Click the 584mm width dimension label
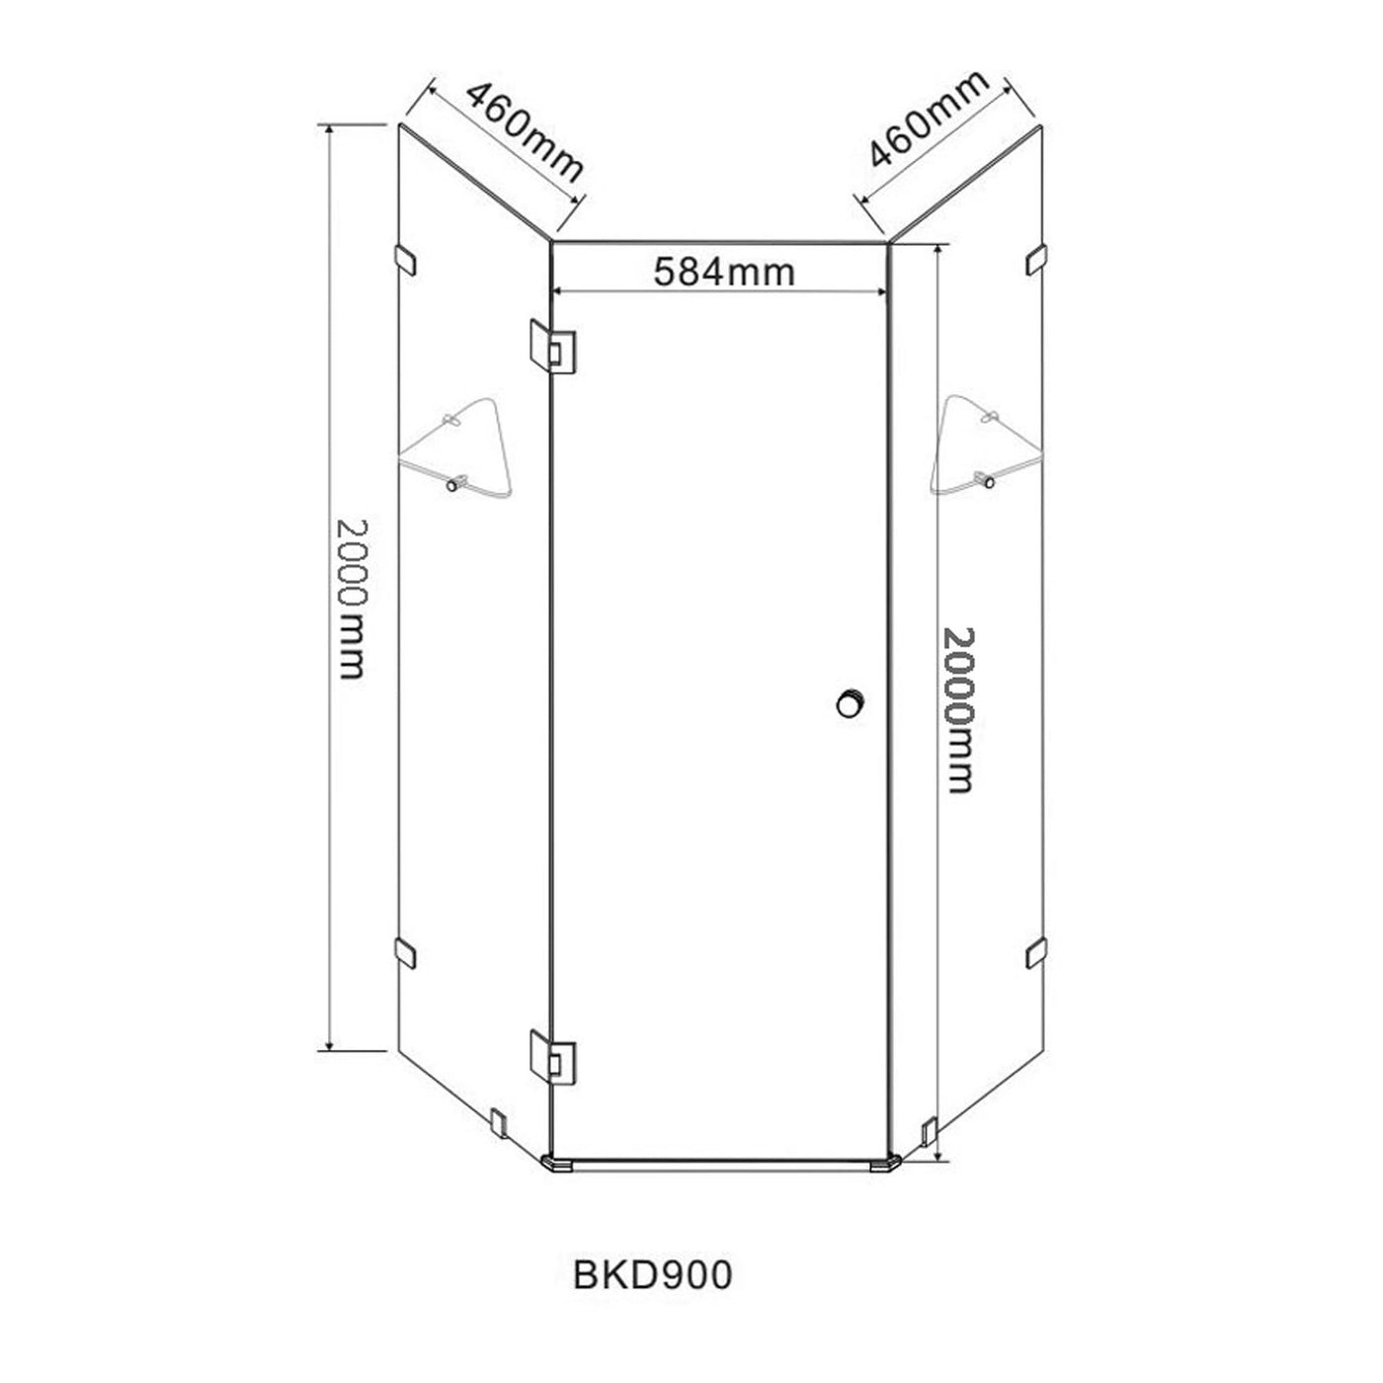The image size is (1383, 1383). (723, 272)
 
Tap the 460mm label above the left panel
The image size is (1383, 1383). (525, 133)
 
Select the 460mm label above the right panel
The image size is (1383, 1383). (930, 120)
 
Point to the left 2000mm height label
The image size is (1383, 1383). (353, 599)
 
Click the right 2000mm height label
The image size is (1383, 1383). (958, 710)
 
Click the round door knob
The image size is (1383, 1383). (850, 702)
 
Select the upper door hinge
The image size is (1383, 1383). (552, 347)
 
